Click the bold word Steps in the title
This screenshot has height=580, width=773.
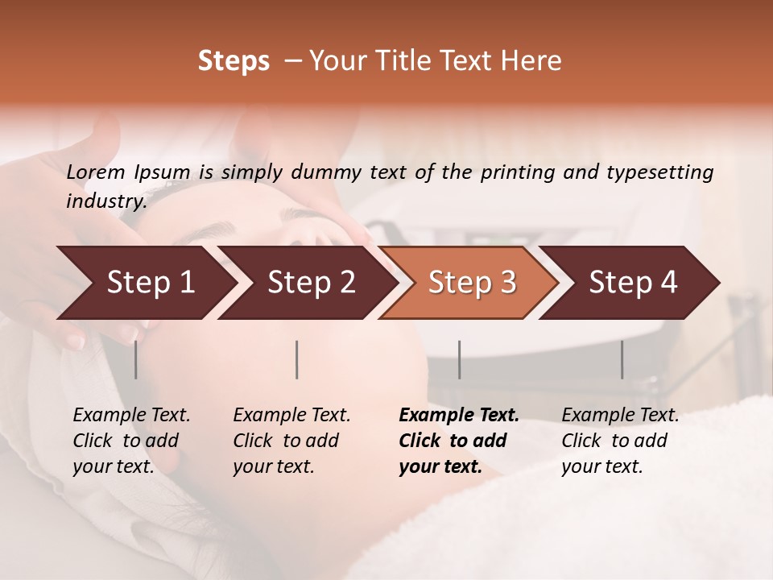coord(234,61)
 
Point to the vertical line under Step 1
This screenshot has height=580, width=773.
coord(135,359)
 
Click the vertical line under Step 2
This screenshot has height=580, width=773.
coord(297,359)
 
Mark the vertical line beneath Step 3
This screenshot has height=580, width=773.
coord(459,359)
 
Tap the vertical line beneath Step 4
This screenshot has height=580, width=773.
coord(622,359)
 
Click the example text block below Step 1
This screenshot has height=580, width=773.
coord(131,441)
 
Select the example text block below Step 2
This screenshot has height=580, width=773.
coord(291,441)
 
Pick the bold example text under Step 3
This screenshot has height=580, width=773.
coord(459,441)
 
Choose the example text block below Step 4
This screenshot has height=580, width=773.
coord(620,441)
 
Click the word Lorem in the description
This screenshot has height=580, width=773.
coord(96,172)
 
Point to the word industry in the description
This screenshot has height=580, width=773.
coord(105,201)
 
